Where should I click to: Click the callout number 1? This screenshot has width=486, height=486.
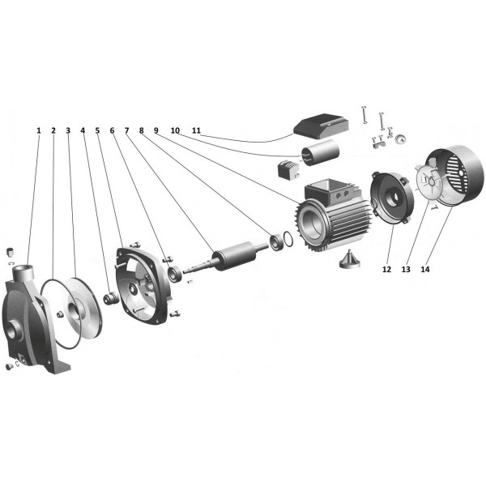38,130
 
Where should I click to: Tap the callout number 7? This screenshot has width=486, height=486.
126,130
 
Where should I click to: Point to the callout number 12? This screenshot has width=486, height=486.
386,271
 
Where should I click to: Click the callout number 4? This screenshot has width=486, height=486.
83,130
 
